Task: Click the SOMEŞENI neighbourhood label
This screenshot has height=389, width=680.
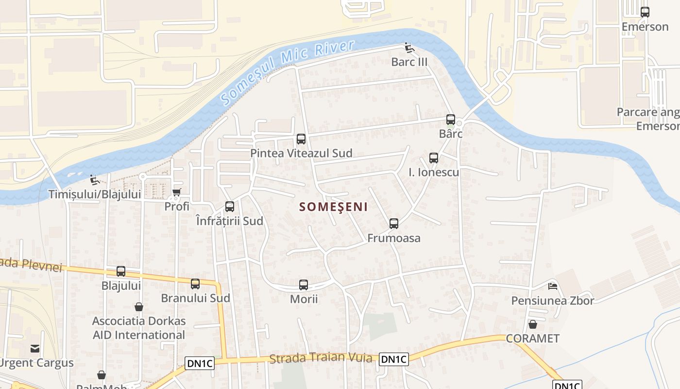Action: tap(333, 207)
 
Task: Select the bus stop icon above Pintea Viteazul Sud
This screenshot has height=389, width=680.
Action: tap(301, 139)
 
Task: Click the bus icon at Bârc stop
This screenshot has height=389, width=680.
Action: tap(451, 120)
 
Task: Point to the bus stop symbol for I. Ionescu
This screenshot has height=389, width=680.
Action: tap(434, 158)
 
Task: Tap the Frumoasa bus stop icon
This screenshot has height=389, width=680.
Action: tap(394, 224)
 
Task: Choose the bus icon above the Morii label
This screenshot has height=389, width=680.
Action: tap(304, 285)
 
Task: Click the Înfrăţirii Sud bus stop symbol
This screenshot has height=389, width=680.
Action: tap(230, 207)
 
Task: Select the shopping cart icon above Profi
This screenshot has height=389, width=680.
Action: tap(177, 193)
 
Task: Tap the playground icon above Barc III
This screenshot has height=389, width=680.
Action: tap(409, 48)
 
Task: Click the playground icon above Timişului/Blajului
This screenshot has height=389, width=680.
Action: tap(95, 180)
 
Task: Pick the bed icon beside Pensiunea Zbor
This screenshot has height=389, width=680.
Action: tap(552, 286)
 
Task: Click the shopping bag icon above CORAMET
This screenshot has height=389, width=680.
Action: tap(533, 324)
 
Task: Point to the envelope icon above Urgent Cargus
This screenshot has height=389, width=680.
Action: tap(35, 348)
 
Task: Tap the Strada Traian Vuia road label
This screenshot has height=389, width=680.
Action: tap(321, 359)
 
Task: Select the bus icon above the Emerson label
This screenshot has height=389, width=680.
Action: tap(645, 12)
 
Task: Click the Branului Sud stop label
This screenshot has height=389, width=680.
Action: tap(195, 298)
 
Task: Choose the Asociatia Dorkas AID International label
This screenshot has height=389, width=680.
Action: tap(139, 328)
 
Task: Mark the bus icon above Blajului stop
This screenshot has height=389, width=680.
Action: tap(121, 271)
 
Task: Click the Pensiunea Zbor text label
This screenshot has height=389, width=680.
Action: tap(552, 301)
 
